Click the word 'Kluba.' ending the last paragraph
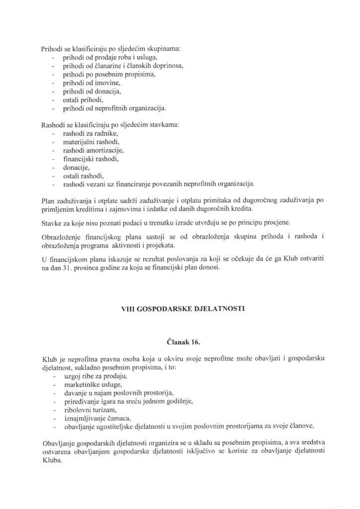click(x=51, y=460)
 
